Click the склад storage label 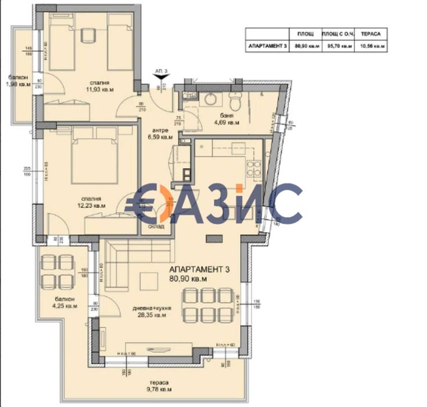[156, 226]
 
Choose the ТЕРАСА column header [371, 34]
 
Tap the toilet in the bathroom [234, 103]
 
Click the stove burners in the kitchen [254, 168]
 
